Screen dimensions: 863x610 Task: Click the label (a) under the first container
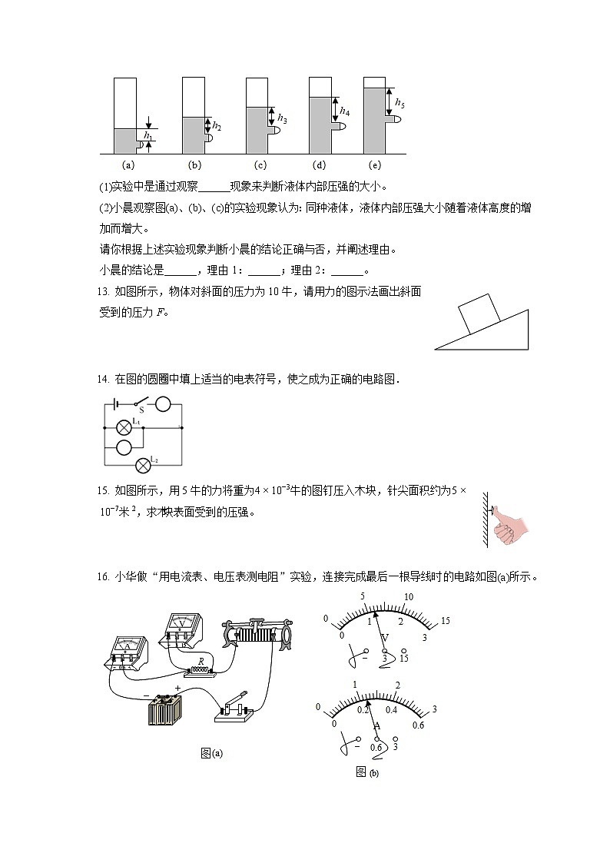(x=128, y=164)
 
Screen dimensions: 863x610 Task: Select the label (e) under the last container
(x=375, y=164)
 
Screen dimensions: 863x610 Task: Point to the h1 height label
(x=149, y=136)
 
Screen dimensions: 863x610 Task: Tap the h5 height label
(x=399, y=103)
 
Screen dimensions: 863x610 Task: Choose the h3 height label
(x=282, y=119)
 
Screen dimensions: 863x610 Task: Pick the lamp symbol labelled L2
(x=141, y=465)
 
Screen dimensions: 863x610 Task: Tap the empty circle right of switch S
(x=163, y=404)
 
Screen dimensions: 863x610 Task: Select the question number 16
(x=106, y=577)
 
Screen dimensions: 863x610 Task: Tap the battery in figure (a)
(x=165, y=709)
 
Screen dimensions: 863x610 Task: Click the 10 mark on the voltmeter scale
(x=409, y=597)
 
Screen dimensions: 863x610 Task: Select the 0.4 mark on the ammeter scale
(x=392, y=709)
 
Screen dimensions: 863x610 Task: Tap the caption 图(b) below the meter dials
(x=367, y=772)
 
